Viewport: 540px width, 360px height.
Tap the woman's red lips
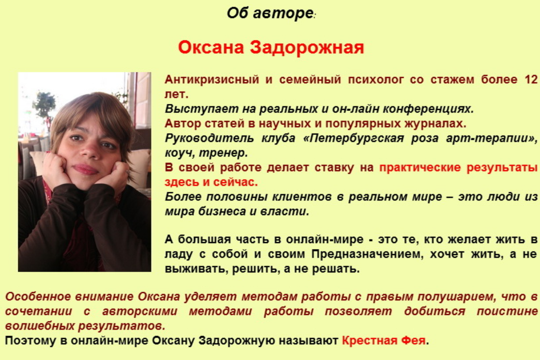click(x=85, y=169)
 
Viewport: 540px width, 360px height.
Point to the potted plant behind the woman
click(x=44, y=105)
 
